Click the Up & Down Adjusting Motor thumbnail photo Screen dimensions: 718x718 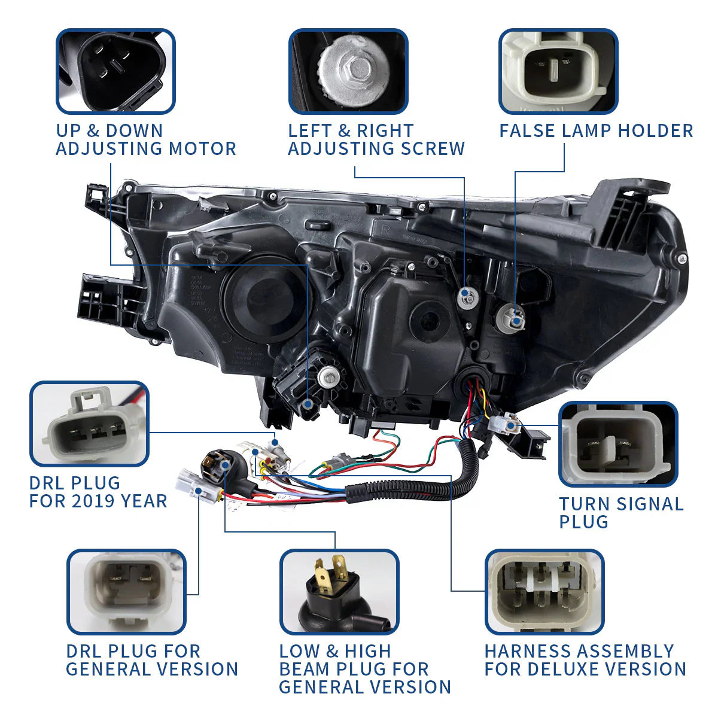(x=115, y=71)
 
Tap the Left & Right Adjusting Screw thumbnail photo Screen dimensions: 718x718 (x=348, y=71)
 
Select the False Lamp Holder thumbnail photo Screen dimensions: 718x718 (x=558, y=71)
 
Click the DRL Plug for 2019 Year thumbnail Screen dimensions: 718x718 (x=89, y=424)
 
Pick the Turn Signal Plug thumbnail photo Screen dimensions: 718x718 (x=618, y=443)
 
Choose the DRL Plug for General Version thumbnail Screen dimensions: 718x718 (x=126, y=592)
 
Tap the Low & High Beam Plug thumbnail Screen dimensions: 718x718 (x=339, y=592)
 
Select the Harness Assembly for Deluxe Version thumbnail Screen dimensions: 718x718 (x=544, y=592)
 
